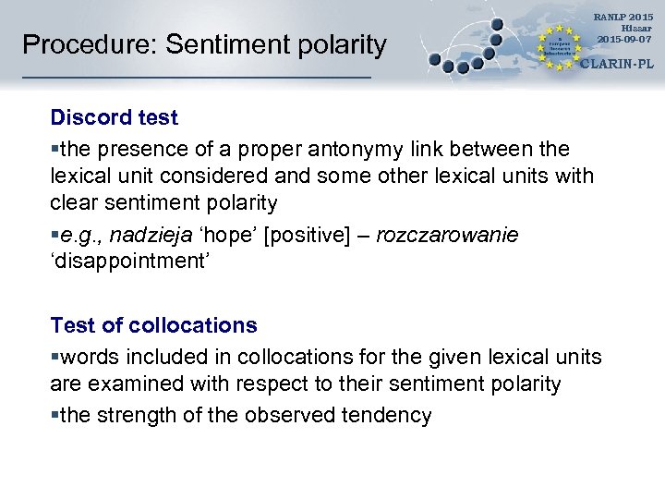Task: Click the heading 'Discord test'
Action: tap(115, 118)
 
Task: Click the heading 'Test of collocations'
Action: tap(153, 325)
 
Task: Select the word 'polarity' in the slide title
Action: tap(341, 44)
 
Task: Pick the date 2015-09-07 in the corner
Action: tap(625, 39)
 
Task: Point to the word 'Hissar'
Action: tap(636, 28)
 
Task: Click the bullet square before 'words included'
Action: tap(54, 357)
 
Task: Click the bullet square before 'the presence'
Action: tap(54, 149)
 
